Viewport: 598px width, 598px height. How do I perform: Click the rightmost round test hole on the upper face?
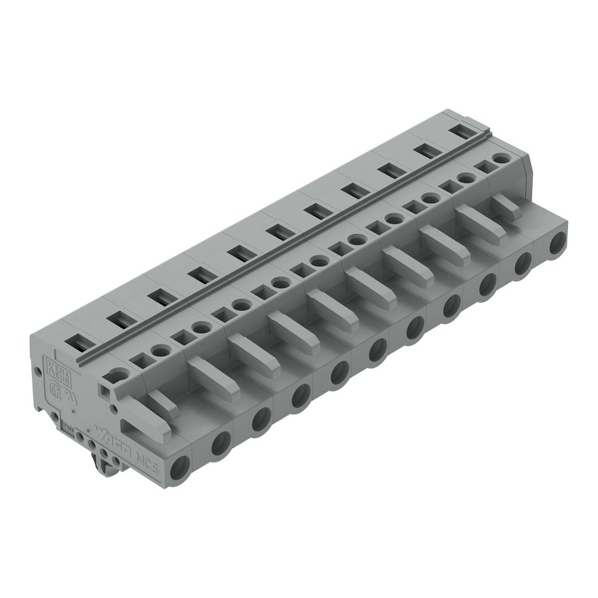click(501, 158)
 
